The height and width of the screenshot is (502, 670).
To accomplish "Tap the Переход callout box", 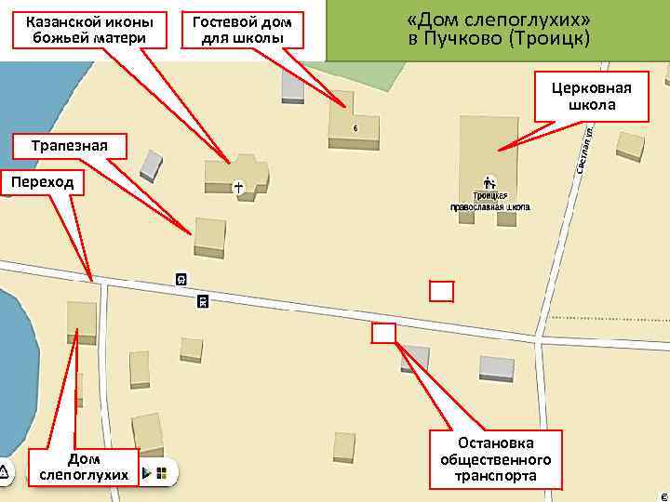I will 43,183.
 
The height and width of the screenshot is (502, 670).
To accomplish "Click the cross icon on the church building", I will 239,188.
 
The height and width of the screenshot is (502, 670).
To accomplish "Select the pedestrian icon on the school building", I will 489,183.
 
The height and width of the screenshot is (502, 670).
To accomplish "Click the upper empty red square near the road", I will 441,291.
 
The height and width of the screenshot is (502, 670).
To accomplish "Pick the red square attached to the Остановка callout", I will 383,332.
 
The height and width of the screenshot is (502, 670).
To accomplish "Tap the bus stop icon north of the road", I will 181,279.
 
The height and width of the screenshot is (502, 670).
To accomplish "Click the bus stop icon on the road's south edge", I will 202,300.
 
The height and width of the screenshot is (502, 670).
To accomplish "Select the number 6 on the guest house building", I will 355,127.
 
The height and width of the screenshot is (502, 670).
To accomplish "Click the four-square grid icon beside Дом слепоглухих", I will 161,474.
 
